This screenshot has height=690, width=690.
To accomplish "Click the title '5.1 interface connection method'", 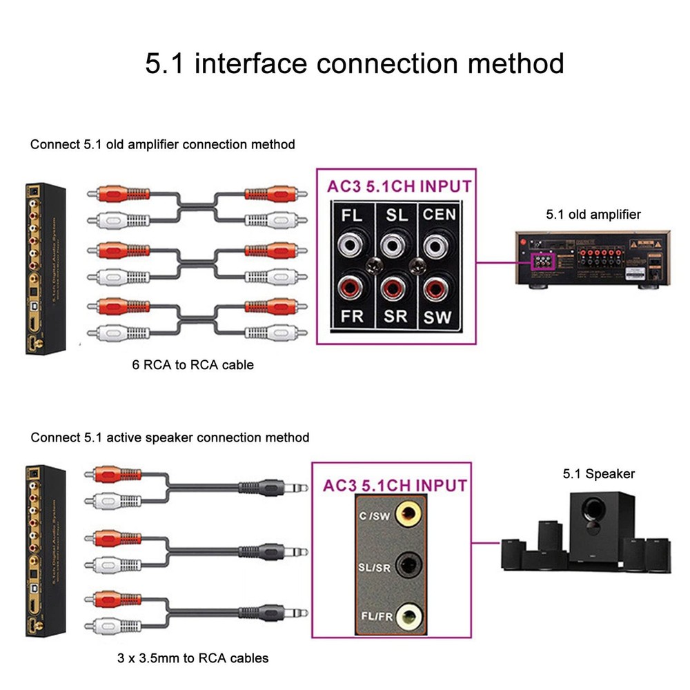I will point(355,63).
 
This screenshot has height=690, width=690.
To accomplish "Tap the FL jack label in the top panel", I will point(352,215).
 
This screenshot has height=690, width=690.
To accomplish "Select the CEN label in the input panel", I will point(440,215).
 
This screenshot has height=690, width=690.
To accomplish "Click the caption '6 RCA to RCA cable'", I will point(193,364).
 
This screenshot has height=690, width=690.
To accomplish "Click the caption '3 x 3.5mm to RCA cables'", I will point(193,658).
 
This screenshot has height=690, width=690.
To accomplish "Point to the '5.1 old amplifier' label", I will point(593,215).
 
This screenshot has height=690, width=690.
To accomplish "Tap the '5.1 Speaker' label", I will point(598,474).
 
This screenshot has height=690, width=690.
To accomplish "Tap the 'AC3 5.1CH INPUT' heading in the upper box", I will point(399,186).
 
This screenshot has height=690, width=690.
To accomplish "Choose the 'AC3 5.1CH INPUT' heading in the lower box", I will point(395,485).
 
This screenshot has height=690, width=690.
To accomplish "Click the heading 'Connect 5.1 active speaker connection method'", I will point(170,437).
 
